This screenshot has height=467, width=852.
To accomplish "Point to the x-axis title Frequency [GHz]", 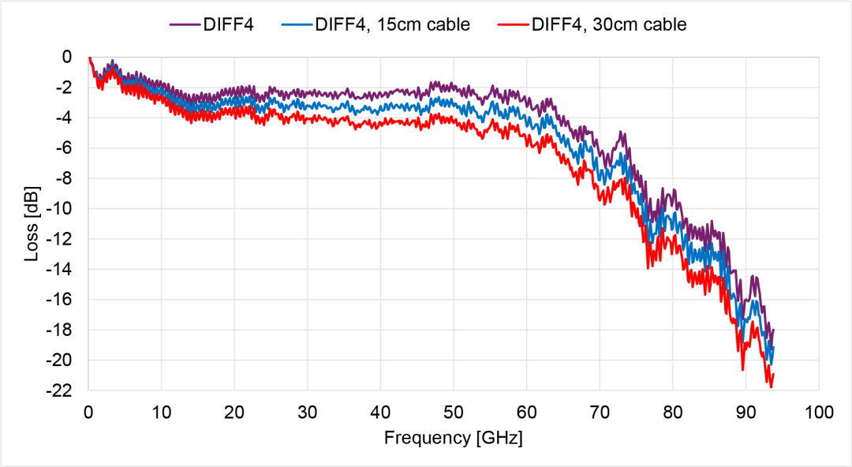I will tap(453, 437).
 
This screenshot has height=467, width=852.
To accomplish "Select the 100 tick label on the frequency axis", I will tap(818, 411).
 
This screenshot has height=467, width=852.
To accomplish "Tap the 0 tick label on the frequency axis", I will tap(88, 411).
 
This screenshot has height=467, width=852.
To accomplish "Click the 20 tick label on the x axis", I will tap(234, 411).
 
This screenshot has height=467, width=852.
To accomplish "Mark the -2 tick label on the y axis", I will tap(68, 88).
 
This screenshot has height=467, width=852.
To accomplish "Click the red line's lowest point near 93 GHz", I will tap(770, 387).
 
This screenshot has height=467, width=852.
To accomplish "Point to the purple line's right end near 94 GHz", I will tap(774, 330).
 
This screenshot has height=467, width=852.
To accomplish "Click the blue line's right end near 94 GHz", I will tap(774, 348).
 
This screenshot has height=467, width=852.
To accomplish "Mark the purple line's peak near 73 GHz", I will tap(622, 133).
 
